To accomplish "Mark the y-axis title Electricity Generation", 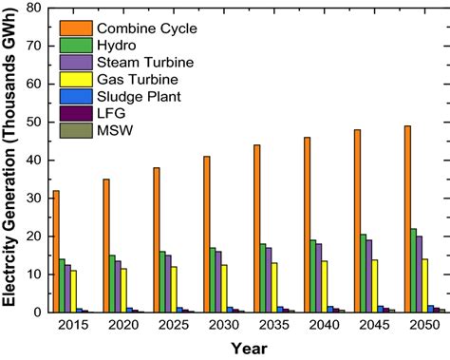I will click(x=11, y=161).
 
